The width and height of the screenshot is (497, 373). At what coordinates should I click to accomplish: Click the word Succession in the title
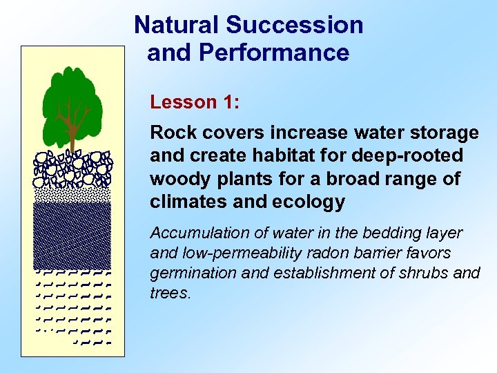click(x=295, y=25)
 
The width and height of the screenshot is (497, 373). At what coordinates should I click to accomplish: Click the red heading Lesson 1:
click(x=195, y=102)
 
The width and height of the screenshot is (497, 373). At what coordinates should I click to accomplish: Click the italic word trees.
click(x=169, y=293)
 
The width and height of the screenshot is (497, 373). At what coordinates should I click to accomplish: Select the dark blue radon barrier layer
click(x=72, y=231)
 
